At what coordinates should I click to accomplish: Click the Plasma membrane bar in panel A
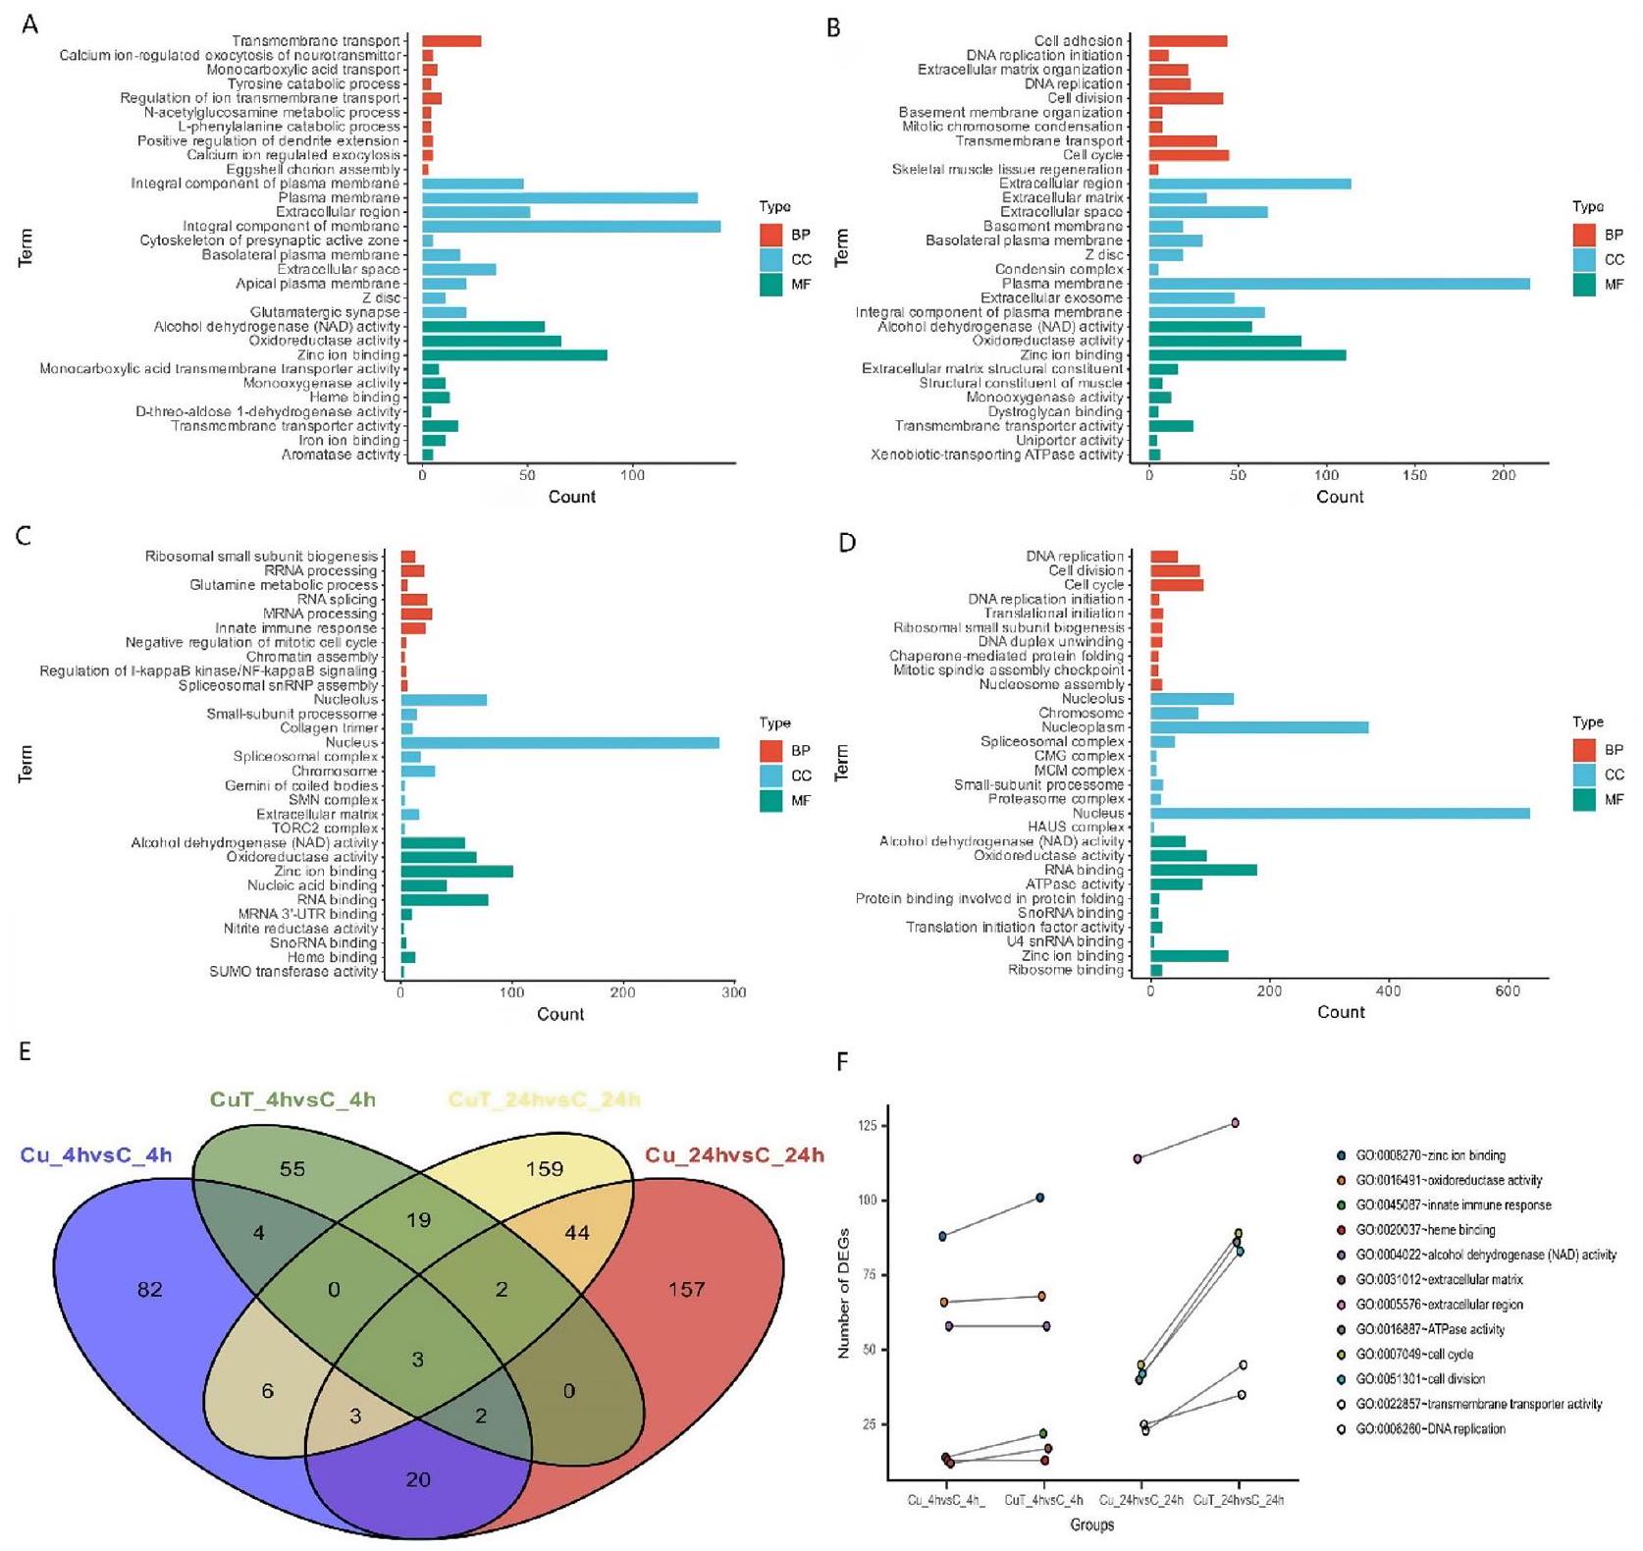[559, 198]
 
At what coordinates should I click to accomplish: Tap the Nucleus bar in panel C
[559, 743]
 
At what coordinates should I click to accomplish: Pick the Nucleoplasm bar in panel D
[1259, 727]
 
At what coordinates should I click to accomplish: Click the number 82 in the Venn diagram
[150, 1289]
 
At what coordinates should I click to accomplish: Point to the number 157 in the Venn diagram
[686, 1289]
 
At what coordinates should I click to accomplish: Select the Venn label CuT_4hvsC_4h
[292, 1099]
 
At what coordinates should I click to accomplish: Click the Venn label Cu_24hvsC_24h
[734, 1155]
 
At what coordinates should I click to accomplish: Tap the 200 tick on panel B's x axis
[1504, 475]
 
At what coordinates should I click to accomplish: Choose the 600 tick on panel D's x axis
[1508, 991]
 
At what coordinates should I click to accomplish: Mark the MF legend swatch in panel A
[770, 285]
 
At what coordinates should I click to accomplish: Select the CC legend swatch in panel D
[1584, 775]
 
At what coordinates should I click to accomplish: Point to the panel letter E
[25, 1052]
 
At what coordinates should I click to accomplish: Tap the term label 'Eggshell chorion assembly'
[313, 170]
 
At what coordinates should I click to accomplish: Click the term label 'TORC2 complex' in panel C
[331, 829]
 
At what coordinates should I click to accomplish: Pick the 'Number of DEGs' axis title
[844, 1294]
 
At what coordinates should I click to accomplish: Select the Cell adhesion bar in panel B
[1188, 41]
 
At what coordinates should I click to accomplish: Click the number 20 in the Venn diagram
[418, 1479]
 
